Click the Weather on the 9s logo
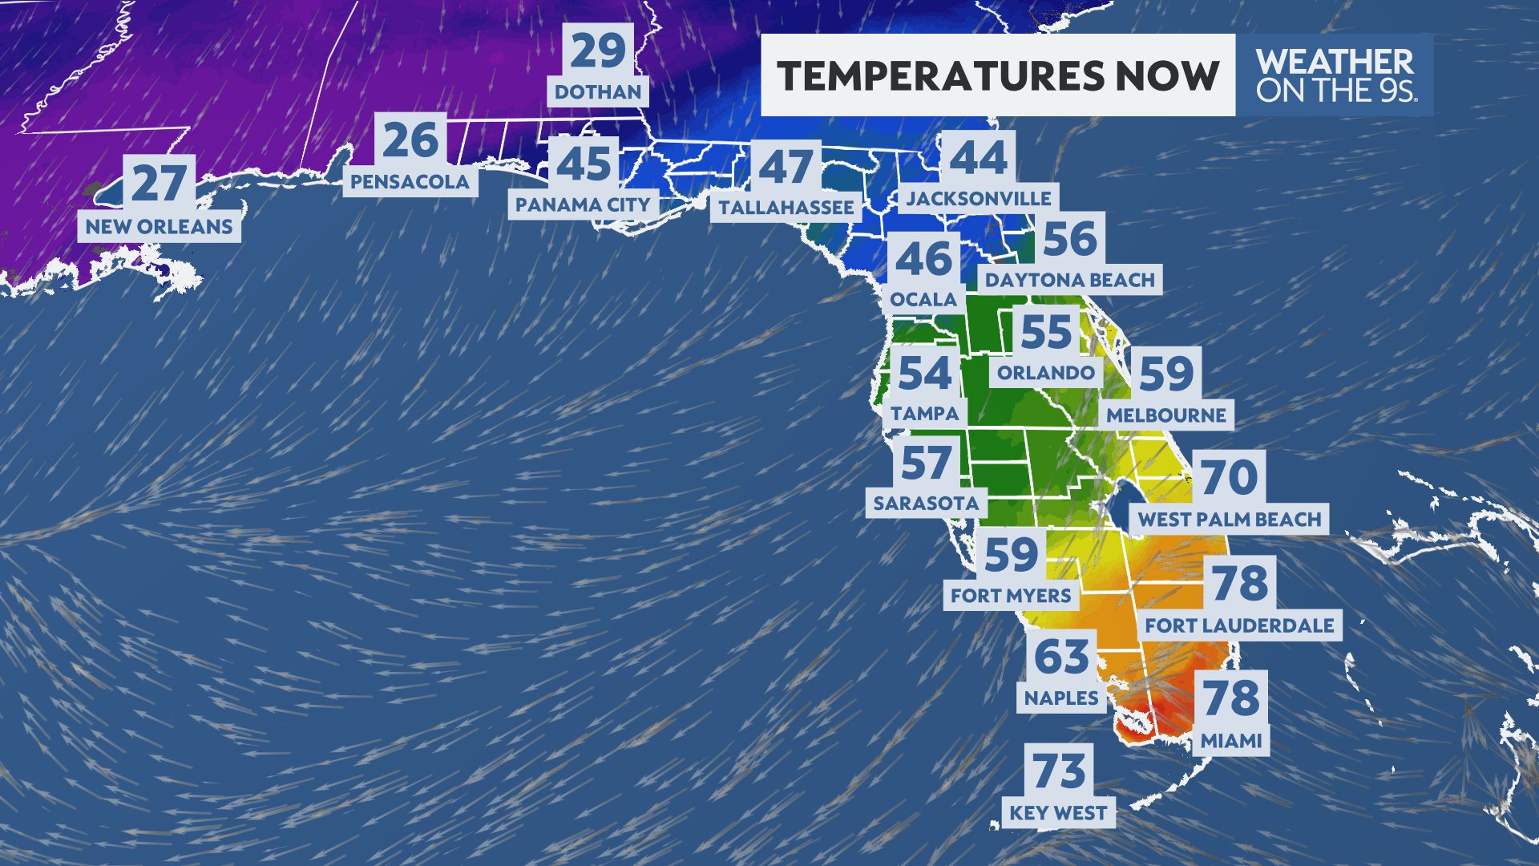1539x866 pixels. point(1335,75)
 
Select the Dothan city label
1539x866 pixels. point(598,92)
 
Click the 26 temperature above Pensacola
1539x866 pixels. point(410,140)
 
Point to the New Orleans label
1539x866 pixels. point(159,227)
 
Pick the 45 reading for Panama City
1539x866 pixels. point(584,164)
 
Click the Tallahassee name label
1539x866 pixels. point(786,208)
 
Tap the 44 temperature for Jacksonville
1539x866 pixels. point(978,157)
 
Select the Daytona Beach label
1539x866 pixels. point(1069,280)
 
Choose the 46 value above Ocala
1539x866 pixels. point(924,259)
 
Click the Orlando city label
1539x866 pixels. point(1045,373)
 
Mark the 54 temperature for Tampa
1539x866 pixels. point(924,373)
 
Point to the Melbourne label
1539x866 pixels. point(1166,415)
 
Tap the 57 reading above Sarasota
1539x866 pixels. point(926,463)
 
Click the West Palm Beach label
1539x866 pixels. point(1229,520)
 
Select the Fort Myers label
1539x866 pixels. point(1010,596)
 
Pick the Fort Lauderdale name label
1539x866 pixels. point(1239,625)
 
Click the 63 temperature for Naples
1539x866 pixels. point(1061,658)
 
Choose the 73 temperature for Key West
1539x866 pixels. point(1058,771)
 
